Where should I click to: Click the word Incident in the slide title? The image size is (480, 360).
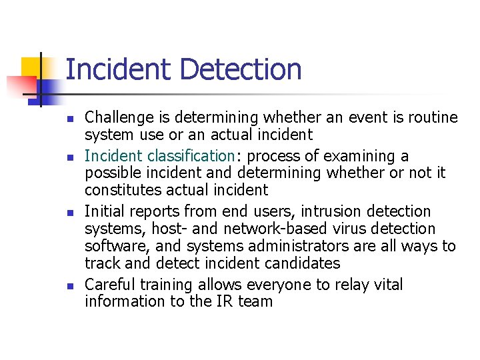(119, 69)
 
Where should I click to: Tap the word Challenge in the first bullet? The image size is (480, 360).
(117, 118)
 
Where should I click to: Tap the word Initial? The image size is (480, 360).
(103, 211)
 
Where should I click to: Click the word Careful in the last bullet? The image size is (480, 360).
(109, 285)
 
